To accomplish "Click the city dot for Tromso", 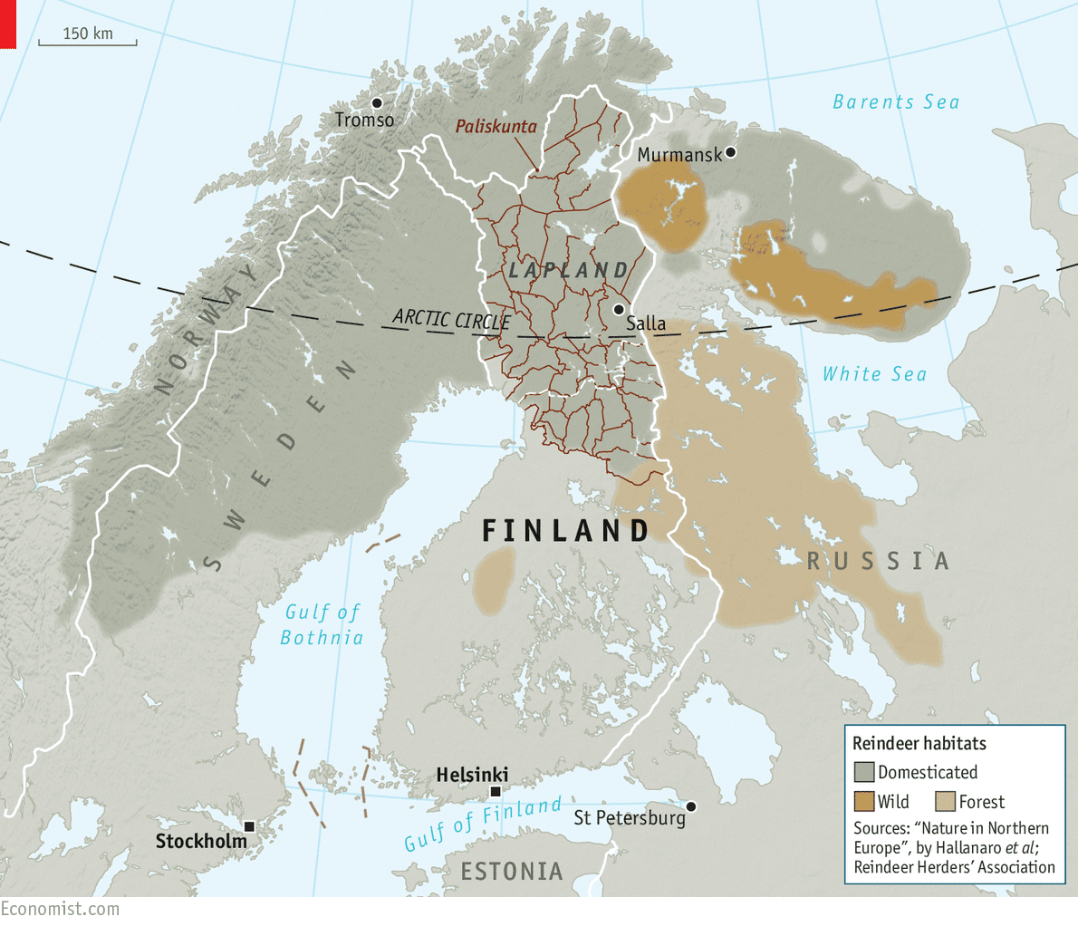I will [x=377, y=103].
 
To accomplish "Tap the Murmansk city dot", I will [x=731, y=152].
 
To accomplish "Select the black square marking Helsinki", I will [x=496, y=792].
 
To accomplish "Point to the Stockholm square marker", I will [x=249, y=827].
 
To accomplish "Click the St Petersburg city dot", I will [x=691, y=806].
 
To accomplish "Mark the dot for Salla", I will [x=619, y=310].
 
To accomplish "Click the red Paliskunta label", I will [x=496, y=126].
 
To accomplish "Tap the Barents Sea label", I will [x=895, y=101].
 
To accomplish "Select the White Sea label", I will [x=874, y=373].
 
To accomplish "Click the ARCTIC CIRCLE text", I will [x=451, y=320].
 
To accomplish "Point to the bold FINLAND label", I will [x=565, y=531].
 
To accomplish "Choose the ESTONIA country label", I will [x=512, y=872].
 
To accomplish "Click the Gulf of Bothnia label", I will [x=322, y=625].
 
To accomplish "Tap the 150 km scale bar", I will [x=88, y=40].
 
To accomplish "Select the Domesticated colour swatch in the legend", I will [x=864, y=772].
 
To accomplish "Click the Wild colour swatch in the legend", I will [x=864, y=802].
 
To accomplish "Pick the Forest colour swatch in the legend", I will [x=946, y=802].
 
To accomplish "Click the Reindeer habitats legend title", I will [x=919, y=744].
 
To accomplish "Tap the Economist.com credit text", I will [x=60, y=909].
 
